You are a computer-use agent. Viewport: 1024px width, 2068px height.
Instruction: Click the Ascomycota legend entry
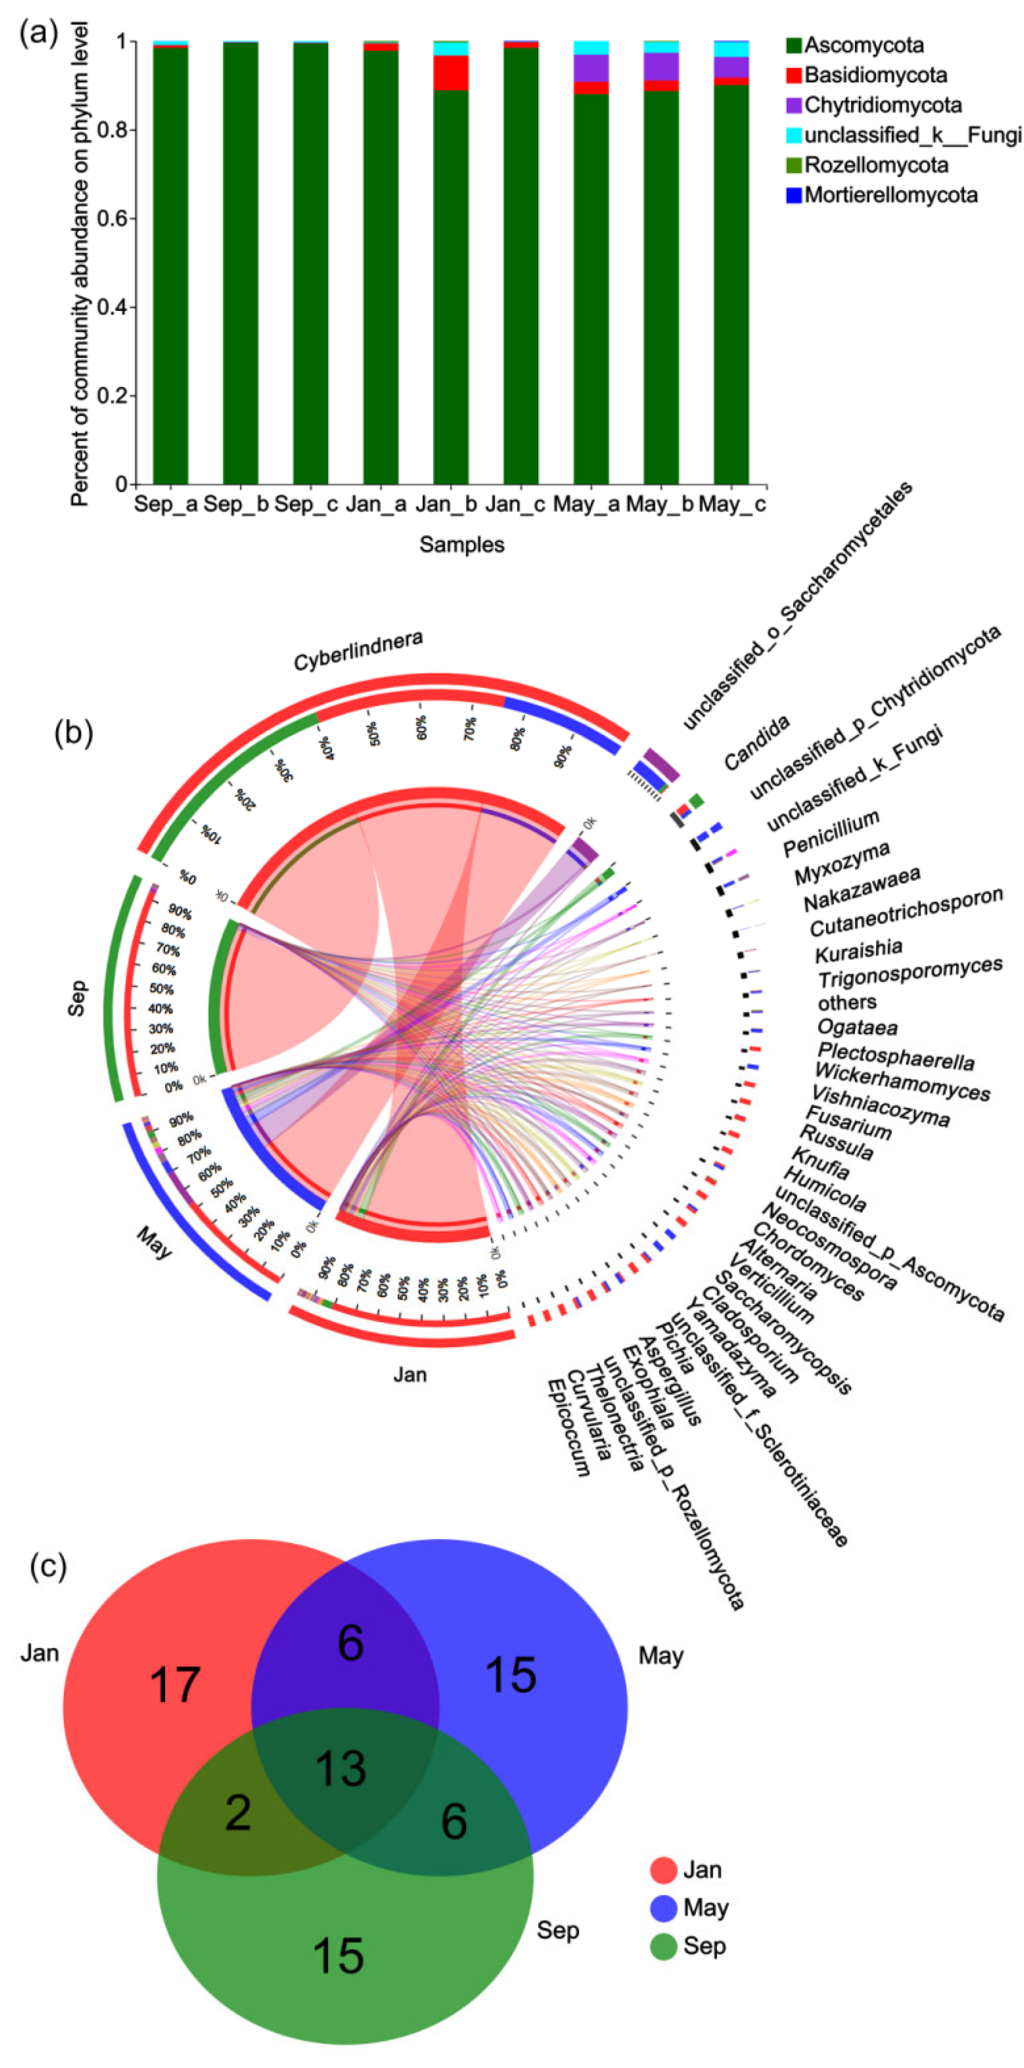pos(863,45)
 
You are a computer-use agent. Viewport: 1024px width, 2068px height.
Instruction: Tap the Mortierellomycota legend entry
pos(890,195)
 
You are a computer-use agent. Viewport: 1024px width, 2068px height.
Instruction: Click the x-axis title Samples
pos(462,545)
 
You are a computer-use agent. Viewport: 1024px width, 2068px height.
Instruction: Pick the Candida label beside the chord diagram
pos(757,742)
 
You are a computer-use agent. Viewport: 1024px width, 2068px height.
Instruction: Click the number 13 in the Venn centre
pos(341,1770)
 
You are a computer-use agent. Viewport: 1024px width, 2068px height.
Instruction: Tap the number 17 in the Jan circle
pos(174,1685)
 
